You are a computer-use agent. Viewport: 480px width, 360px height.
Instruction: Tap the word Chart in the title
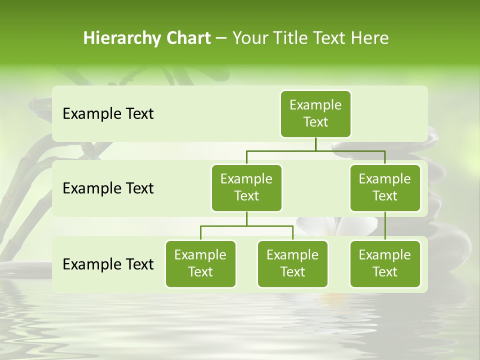pos(188,38)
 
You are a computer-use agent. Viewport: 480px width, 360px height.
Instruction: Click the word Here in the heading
pos(369,38)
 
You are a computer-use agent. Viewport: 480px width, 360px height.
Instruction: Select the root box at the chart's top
pos(315,113)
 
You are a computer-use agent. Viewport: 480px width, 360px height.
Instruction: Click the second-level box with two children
pos(246,187)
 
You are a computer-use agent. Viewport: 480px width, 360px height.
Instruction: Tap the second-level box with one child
pos(385,187)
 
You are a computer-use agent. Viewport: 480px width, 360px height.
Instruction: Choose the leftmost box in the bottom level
pos(200,263)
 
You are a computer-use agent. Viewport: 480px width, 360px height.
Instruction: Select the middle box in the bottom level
pos(292,263)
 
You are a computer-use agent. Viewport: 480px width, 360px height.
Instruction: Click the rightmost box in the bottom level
pos(385,263)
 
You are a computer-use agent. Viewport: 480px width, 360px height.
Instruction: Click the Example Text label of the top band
pos(108,114)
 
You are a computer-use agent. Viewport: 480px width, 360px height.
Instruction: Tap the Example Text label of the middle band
pos(108,188)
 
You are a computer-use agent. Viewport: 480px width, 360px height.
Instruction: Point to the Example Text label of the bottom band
pos(108,264)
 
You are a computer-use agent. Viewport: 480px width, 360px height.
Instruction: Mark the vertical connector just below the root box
pos(315,144)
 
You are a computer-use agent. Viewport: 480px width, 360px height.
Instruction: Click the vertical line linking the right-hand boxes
pos(385,226)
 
